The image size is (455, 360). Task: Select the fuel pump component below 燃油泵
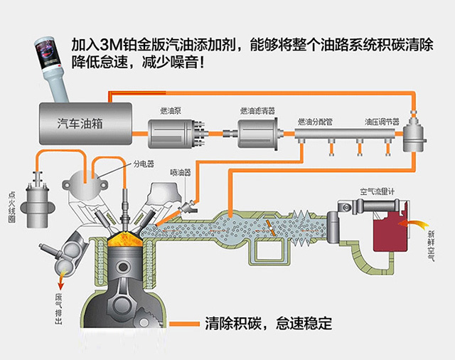point(175,133)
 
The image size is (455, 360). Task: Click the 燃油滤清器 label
point(257,111)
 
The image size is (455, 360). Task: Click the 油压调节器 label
point(382,122)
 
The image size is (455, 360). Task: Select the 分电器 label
point(143,163)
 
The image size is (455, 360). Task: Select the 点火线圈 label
point(11,207)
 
